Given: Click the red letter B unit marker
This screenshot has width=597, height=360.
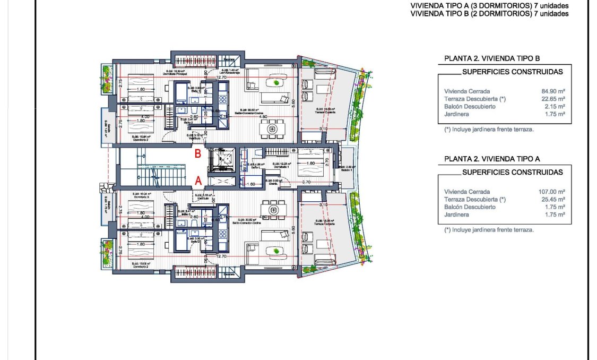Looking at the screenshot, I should pyautogui.click(x=197, y=155).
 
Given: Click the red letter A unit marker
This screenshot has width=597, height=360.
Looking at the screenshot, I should pyautogui.click(x=198, y=181).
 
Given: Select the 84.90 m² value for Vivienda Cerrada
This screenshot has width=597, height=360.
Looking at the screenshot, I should pyautogui.click(x=552, y=91).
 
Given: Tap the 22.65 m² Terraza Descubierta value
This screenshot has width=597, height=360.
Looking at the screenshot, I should pyautogui.click(x=552, y=99).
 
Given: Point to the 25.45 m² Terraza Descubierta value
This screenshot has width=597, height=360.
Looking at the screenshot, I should pyautogui.click(x=552, y=200).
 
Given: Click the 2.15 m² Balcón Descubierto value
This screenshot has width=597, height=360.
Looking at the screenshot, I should pyautogui.click(x=554, y=106).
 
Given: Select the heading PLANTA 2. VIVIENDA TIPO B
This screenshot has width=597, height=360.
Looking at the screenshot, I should pyautogui.click(x=492, y=58).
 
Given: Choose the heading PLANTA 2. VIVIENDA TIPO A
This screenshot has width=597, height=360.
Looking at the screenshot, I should pyautogui.click(x=492, y=159).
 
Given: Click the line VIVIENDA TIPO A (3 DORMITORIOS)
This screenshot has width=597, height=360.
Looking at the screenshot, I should pyautogui.click(x=489, y=6).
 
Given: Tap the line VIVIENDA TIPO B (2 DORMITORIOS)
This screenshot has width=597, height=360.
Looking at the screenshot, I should pyautogui.click(x=489, y=14).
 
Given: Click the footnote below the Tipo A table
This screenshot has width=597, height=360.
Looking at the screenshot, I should pyautogui.click(x=489, y=230).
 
